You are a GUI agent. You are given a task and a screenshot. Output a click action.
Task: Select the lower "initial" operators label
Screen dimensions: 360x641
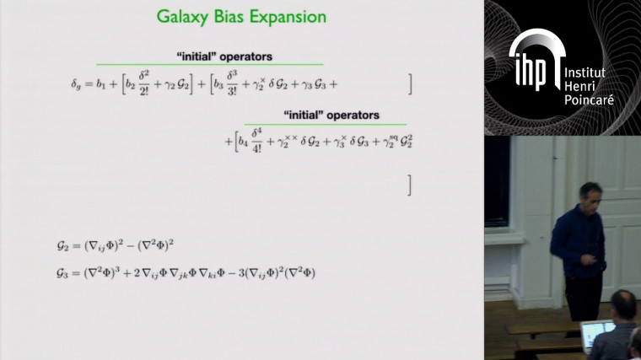coord(324,115)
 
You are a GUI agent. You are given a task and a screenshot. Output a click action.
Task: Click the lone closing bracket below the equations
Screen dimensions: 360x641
coord(409,185)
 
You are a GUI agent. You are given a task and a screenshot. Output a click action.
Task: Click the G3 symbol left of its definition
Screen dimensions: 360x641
coord(62,273)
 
